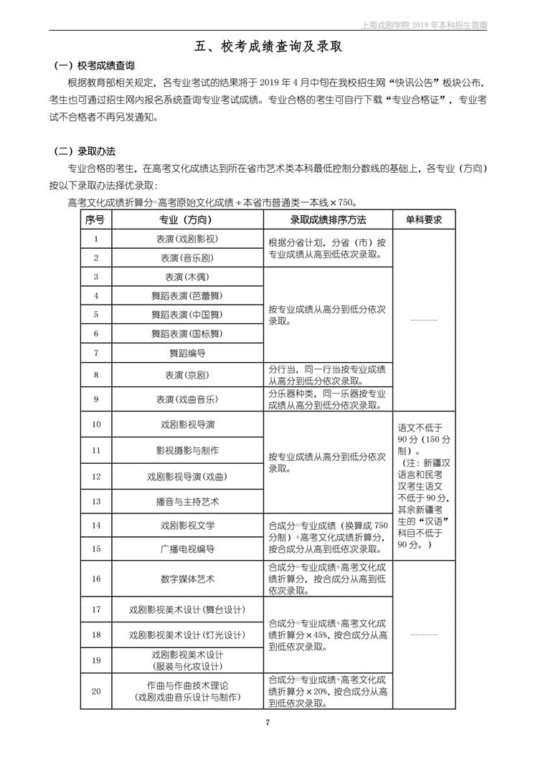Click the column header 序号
point(95,219)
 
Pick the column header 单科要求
point(424,219)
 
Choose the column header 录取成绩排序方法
point(328,219)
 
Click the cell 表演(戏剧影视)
point(187,239)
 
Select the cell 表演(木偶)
point(187,277)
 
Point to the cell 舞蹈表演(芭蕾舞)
point(187,295)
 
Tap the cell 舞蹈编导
point(187,353)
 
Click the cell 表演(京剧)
point(187,375)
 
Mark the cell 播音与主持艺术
point(187,500)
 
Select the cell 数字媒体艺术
point(187,579)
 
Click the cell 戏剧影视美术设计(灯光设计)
point(187,635)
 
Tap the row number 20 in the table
point(96,691)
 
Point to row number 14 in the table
point(96,525)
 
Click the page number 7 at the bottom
point(268,722)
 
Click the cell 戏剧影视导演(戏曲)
point(187,476)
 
